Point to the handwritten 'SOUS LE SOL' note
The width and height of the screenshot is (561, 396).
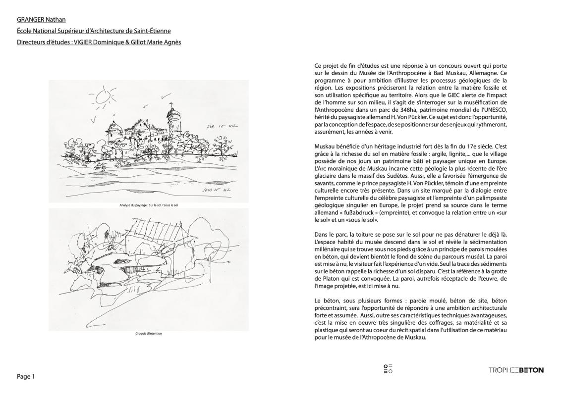tap(217, 189)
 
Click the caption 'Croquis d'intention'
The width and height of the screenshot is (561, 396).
tap(148, 333)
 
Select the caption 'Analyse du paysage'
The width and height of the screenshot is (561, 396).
tap(148, 204)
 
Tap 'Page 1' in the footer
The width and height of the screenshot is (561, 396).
tap(26, 377)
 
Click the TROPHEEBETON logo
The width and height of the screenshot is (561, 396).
tap(516, 370)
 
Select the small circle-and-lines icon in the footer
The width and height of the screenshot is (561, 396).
tap(388, 369)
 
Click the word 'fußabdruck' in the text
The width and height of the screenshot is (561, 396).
tap(365, 211)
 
